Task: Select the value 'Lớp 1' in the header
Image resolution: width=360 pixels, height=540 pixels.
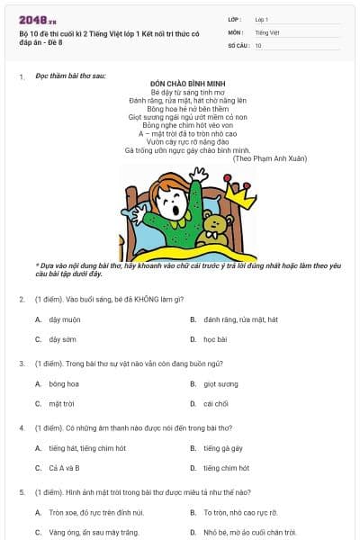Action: coord(262,19)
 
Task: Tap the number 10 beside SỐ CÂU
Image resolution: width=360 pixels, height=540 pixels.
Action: coord(258,44)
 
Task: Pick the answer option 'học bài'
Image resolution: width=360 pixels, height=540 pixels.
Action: coord(215,339)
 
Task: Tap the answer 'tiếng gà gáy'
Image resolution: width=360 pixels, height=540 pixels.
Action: coord(223,447)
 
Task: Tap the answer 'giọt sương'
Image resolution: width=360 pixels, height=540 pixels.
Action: coord(220,383)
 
